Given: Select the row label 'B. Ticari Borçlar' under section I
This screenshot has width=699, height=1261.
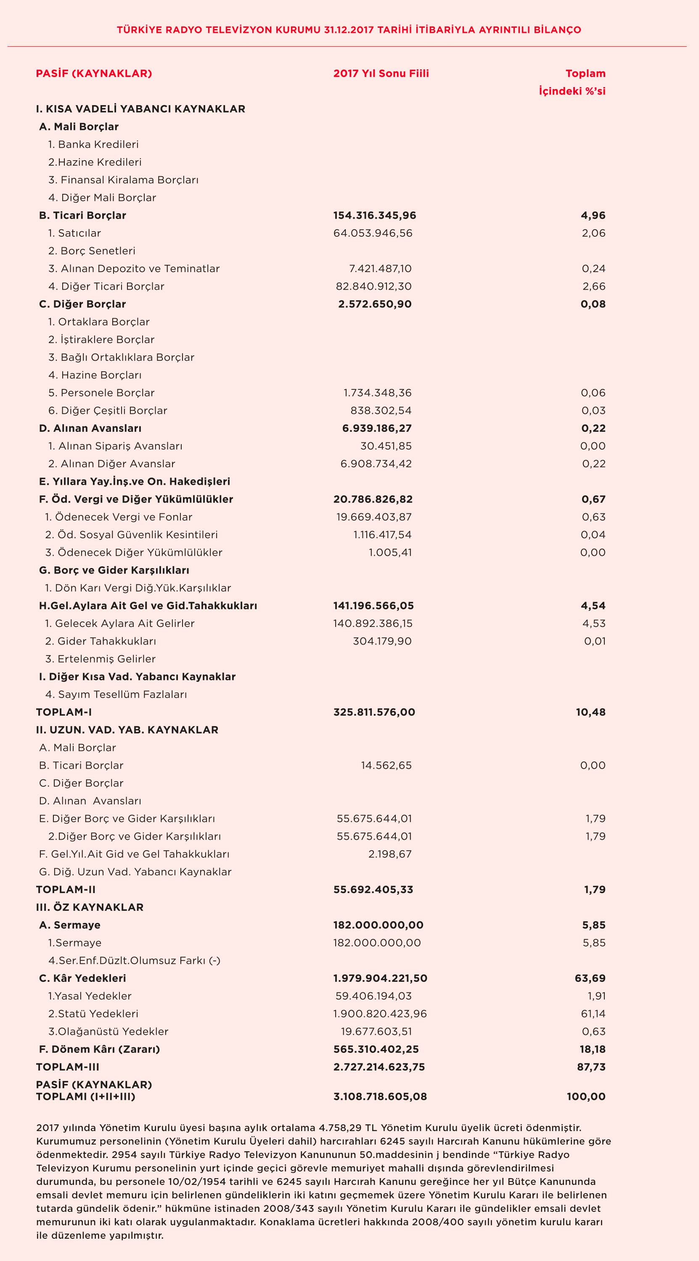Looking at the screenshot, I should click(x=82, y=215).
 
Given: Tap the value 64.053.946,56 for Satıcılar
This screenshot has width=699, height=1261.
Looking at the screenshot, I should click(x=373, y=233).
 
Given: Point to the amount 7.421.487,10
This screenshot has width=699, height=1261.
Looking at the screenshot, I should click(x=380, y=269).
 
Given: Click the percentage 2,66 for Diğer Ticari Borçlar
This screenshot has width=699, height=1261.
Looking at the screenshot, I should click(x=594, y=286).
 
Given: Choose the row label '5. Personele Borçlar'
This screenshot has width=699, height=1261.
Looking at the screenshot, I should click(x=101, y=393).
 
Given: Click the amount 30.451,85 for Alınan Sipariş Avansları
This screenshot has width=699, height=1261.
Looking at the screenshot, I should click(x=386, y=447).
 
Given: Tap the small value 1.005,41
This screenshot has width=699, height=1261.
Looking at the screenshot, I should click(x=390, y=553).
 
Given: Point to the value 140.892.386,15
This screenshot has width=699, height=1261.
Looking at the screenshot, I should click(x=373, y=624).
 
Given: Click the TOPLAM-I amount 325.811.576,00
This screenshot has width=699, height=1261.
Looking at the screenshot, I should click(x=374, y=712).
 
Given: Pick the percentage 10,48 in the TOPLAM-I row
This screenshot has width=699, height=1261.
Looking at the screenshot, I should click(x=590, y=712).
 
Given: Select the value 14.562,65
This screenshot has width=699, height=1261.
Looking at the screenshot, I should click(x=386, y=766).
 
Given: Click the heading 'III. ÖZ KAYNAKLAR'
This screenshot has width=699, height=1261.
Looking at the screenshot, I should click(x=90, y=907).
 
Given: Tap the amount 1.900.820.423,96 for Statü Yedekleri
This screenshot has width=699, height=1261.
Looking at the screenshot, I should click(x=380, y=1014).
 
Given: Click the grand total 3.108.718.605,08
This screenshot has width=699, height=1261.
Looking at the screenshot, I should click(x=380, y=1097).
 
